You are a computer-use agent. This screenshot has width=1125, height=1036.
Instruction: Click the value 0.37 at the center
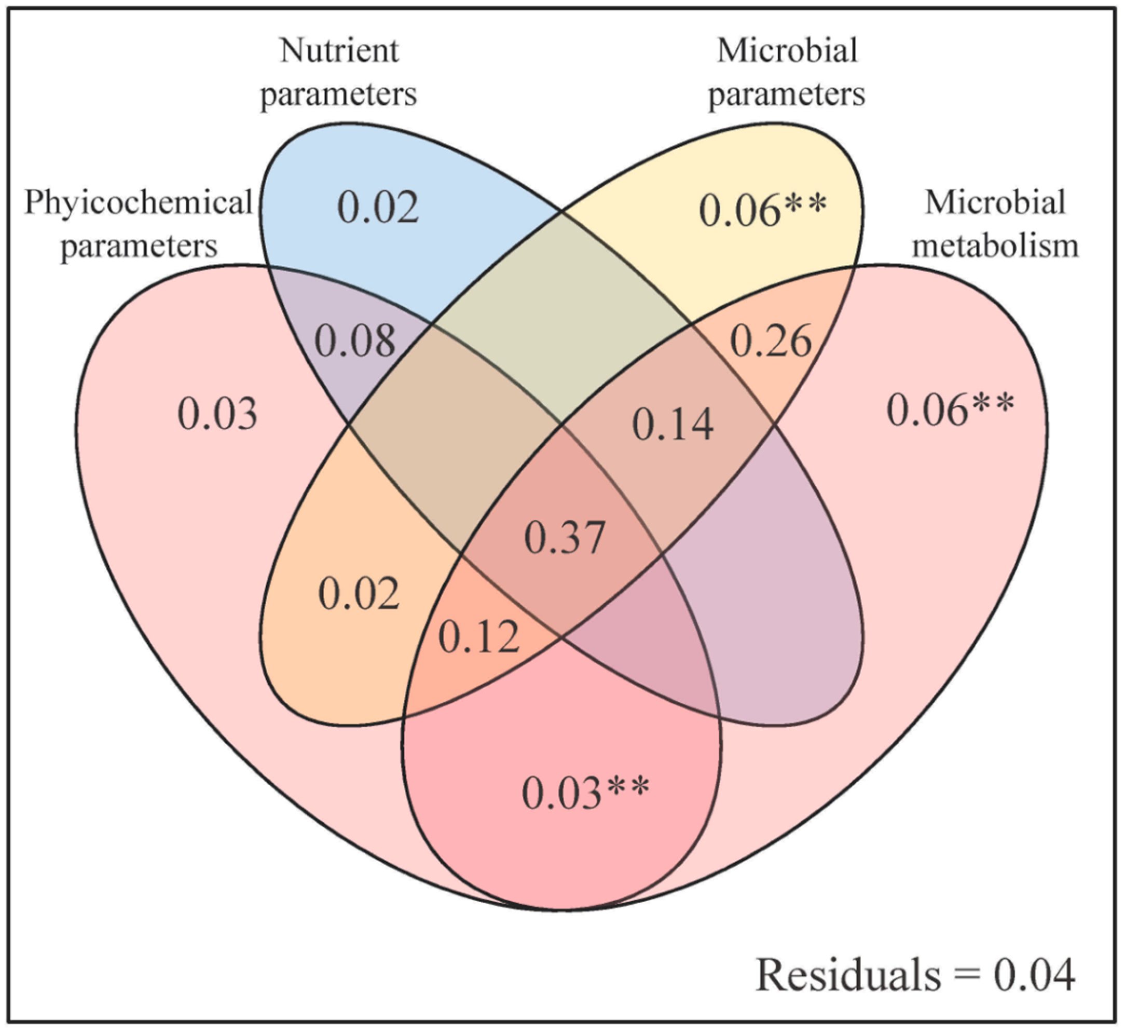coord(564,537)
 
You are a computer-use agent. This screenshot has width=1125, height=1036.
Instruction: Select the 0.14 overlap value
coord(673,425)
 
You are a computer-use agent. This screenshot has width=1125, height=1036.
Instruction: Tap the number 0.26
coord(770,341)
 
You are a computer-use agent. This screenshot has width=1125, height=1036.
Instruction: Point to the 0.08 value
coord(354,341)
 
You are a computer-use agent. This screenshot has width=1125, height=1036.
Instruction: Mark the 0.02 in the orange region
coord(359,594)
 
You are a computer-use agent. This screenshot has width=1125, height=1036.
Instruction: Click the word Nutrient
coord(339,50)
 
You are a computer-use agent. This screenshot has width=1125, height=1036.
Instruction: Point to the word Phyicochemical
coord(139,203)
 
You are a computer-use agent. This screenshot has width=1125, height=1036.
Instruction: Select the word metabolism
coord(994,246)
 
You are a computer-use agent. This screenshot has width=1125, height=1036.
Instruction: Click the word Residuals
coord(847,974)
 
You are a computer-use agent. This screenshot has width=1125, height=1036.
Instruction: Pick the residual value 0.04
coord(1034,974)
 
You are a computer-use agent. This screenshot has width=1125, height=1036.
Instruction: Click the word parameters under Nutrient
coord(338,94)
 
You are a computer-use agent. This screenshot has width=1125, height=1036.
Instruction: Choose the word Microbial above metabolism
coord(995,202)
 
